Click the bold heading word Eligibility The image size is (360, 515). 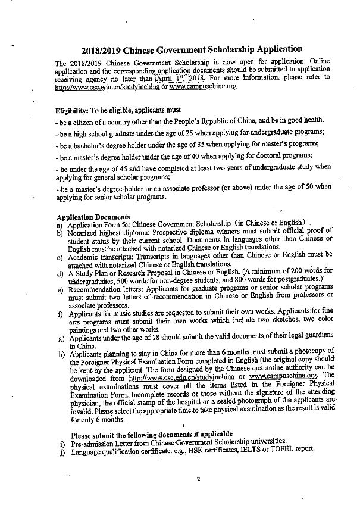[x=71, y=111]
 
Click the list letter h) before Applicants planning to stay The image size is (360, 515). [x=60, y=354]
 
